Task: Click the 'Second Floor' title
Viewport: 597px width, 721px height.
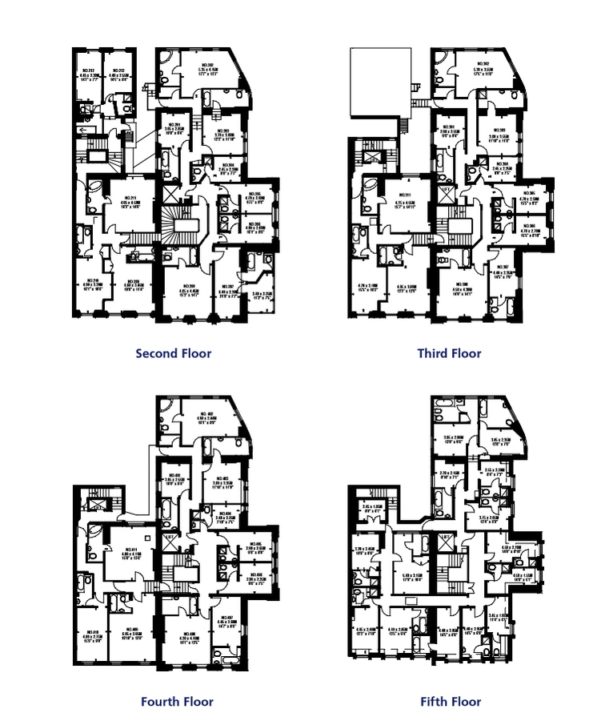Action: tap(174, 352)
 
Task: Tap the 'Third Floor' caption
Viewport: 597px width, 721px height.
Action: tap(450, 352)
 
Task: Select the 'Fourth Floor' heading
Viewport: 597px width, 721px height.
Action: tap(177, 702)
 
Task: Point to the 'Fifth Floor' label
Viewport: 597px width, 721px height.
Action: tap(451, 702)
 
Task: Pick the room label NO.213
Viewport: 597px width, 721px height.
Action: tap(118, 70)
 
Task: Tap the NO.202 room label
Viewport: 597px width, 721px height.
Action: tap(206, 64)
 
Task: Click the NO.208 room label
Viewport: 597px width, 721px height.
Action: tap(188, 286)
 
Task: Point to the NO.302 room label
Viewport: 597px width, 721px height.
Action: tap(482, 64)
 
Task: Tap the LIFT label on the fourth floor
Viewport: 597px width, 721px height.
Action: tap(168, 535)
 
